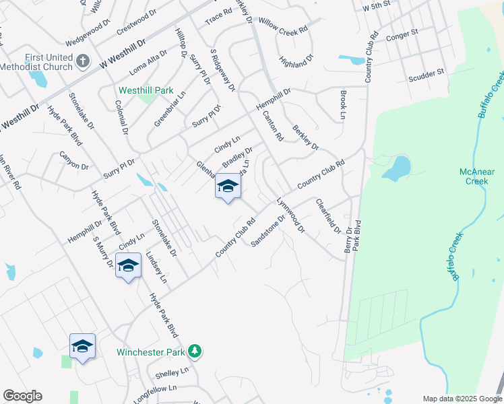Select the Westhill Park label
coord(146,90)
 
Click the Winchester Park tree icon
coord(195,351)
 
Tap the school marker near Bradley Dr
coord(228,187)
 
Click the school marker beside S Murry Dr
coord(128,266)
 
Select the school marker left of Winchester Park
coord(82,347)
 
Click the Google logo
coord(22,396)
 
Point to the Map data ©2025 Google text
coord(462,399)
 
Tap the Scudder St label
coord(427,75)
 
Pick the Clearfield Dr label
coord(328,215)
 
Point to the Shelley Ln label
coord(172,372)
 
